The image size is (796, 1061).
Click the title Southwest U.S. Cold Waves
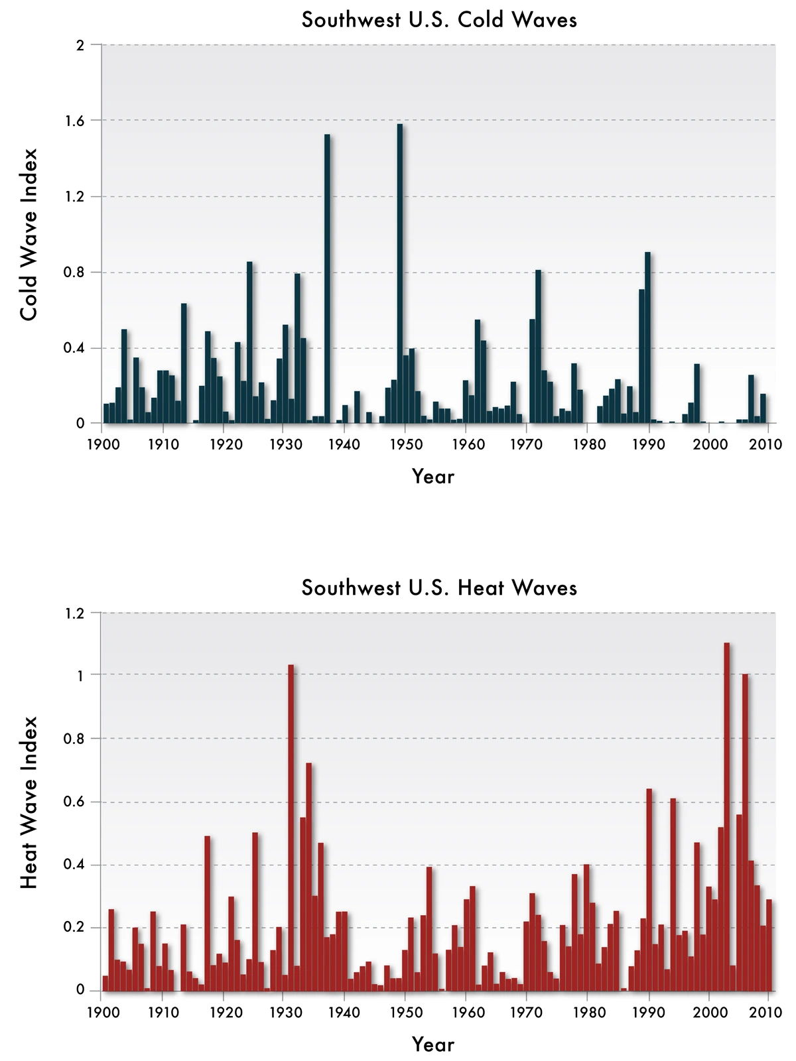439,20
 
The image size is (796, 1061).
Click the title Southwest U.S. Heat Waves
439,588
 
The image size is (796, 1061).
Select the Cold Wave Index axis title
29,234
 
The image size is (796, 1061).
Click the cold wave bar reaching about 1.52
327,279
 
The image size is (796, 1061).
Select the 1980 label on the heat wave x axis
587,1013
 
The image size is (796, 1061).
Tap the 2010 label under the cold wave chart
769,444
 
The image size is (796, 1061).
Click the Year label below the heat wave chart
433,1044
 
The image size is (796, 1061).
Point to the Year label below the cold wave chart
433,476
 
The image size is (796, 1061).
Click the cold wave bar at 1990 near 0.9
647,338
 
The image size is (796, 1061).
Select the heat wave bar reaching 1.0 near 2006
745,832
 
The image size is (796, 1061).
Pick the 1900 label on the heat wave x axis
101,1013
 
